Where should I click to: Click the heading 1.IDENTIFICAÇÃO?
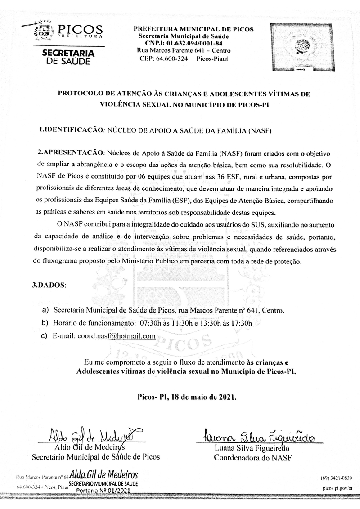pos(72,130)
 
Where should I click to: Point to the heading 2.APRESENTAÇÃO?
pos(71,152)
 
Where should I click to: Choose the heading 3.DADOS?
pos(52,285)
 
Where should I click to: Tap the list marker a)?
pos(45,310)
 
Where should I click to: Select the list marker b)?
pos(45,323)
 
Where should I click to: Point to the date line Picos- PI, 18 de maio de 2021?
pos(186,397)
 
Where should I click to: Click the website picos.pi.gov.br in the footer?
pos(337,487)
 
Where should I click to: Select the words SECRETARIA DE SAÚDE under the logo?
pos(68,57)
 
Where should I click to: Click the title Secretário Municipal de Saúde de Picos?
pos(95,458)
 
